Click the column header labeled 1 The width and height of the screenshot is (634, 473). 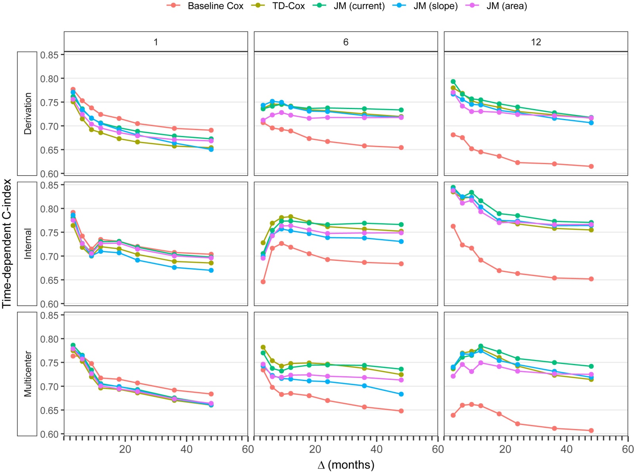tap(156, 42)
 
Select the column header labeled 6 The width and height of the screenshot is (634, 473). tap(346, 42)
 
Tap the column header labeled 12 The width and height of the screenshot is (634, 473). tap(536, 42)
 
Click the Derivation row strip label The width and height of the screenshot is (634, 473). tap(27, 113)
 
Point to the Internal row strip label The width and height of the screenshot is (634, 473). tap(27, 244)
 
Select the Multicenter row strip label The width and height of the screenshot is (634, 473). tap(27, 374)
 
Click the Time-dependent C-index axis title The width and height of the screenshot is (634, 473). tap(7, 244)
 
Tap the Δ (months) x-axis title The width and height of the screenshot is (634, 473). tap(346, 465)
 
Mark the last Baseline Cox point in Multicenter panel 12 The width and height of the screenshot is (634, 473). tap(591, 431)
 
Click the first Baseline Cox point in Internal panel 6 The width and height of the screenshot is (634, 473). tap(263, 282)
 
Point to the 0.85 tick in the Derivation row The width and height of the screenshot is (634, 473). tap(49, 55)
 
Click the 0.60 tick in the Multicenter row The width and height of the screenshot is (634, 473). tap(49, 434)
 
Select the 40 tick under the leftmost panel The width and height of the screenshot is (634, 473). tap(186, 449)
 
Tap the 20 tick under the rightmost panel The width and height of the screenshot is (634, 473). tap(505, 449)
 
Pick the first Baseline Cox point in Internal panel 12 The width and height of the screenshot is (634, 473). tap(453, 226)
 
